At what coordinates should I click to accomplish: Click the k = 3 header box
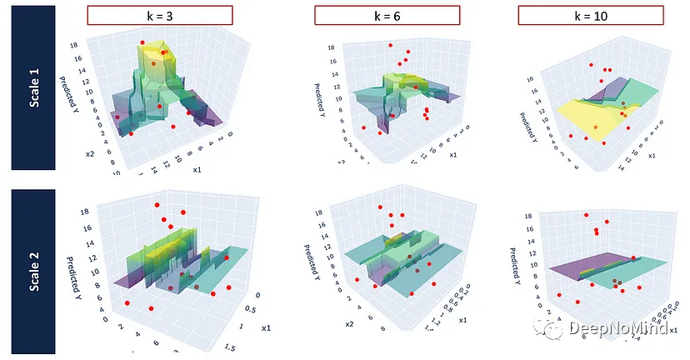pos(159,15)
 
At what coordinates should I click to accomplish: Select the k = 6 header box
pos(387,15)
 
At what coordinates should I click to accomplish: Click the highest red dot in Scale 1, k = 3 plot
pos(142,42)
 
